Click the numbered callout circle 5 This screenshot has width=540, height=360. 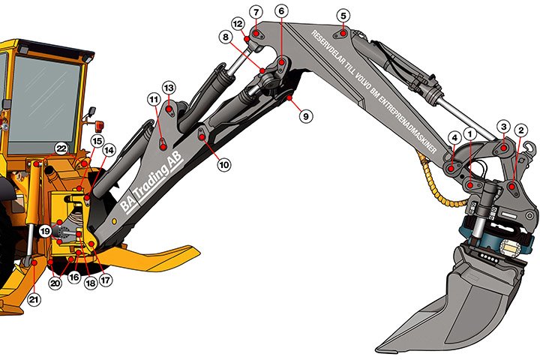click(343, 16)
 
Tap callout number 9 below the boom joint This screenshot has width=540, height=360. click(306, 116)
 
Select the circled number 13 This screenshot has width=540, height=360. click(169, 88)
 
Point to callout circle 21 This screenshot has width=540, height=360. click(34, 299)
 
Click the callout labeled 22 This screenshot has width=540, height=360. click(61, 149)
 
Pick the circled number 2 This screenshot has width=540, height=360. click(520, 130)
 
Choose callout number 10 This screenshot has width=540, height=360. click(224, 165)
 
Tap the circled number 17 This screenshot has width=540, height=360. click(106, 280)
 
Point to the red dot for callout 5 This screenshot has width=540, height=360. click(343, 34)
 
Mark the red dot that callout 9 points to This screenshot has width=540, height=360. click(289, 97)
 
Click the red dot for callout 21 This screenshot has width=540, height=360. click(34, 262)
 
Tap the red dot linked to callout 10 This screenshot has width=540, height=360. click(202, 137)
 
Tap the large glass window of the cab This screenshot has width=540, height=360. click(44, 104)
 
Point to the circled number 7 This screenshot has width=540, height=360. click(256, 13)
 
